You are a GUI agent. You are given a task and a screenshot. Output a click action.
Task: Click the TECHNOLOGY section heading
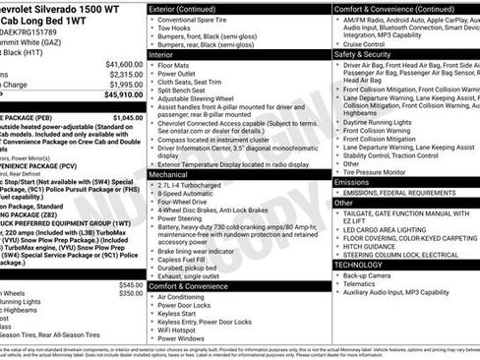pyautogui.click(x=359, y=265)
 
